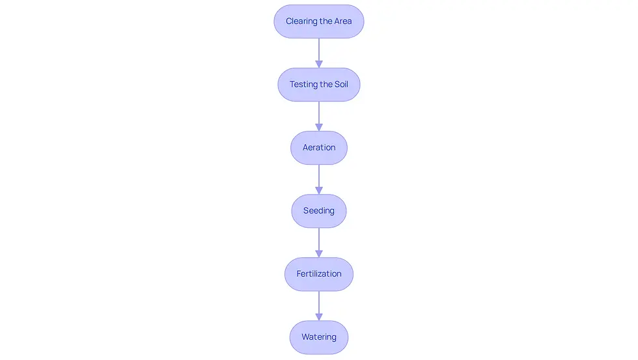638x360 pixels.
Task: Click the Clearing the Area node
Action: (319, 21)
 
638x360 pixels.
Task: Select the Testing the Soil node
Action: (319, 85)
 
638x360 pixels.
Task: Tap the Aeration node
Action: (319, 148)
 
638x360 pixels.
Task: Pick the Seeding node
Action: (319, 211)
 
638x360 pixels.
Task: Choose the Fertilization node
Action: (319, 274)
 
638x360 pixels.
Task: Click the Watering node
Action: (319, 337)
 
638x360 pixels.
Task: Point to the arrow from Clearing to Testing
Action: (319, 53)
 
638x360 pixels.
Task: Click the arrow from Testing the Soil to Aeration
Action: (319, 116)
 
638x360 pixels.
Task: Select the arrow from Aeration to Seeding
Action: (319, 180)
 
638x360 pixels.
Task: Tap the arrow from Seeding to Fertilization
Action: (319, 242)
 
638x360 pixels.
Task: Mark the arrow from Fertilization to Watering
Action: (319, 306)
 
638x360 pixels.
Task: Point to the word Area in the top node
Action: (343, 21)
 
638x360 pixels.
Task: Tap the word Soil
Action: (341, 84)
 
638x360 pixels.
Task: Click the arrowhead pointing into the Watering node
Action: (319, 317)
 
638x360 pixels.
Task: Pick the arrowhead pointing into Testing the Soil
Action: (319, 64)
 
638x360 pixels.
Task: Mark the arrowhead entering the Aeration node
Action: (319, 128)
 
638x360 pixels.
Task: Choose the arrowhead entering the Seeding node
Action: (319, 191)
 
